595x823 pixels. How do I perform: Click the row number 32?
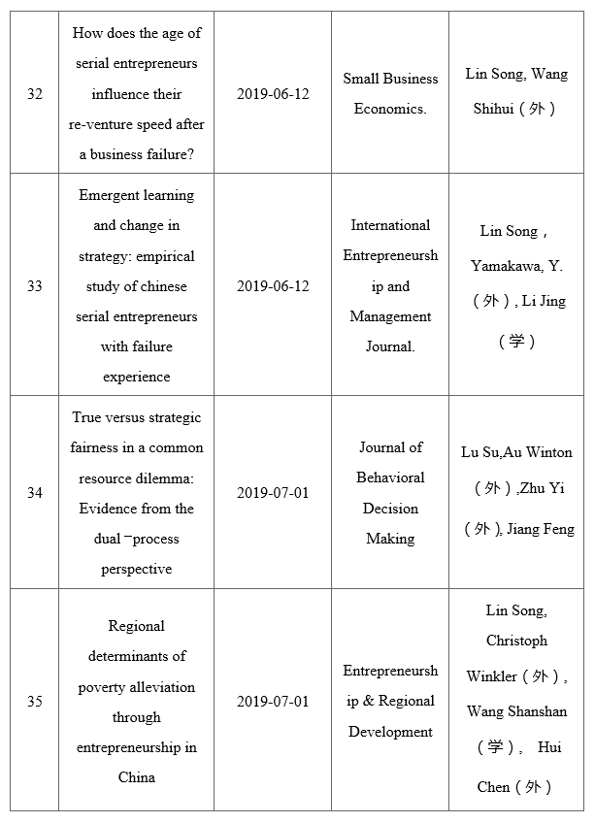tap(35, 94)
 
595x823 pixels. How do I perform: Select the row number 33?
tap(35, 286)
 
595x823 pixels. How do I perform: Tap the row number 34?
tap(35, 493)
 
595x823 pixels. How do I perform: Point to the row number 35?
tap(35, 702)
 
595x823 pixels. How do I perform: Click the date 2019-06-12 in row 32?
tap(273, 94)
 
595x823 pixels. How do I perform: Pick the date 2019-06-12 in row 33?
tap(273, 286)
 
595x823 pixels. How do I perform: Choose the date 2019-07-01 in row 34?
tap(273, 493)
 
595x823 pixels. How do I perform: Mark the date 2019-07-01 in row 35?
tap(273, 702)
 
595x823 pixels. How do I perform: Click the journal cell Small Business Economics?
tap(390, 94)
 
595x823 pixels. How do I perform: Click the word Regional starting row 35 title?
tap(136, 626)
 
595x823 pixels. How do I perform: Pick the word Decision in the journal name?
tap(390, 509)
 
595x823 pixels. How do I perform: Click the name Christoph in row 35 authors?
tap(516, 641)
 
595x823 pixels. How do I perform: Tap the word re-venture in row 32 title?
tap(102, 125)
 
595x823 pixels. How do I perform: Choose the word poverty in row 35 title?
tap(102, 687)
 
